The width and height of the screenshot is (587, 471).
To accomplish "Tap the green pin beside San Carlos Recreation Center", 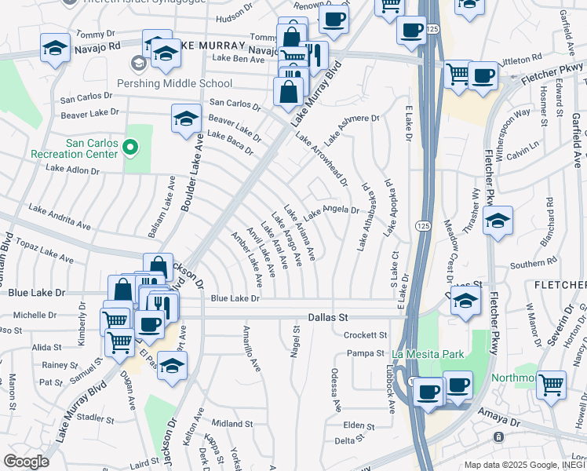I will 131,145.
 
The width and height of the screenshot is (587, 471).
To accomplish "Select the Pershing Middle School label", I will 185,83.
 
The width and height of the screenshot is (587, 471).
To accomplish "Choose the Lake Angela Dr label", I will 331,211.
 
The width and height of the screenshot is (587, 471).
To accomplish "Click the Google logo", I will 26,462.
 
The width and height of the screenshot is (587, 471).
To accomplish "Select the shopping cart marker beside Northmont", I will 552,385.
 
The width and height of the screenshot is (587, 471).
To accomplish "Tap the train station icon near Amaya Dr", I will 497,436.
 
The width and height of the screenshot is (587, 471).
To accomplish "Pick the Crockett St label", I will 362,334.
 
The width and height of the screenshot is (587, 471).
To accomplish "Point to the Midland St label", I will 232,423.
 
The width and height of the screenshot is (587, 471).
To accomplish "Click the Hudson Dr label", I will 232,16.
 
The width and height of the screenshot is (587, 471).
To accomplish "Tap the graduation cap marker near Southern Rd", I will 497,221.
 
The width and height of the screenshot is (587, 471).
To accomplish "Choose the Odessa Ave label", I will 335,389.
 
